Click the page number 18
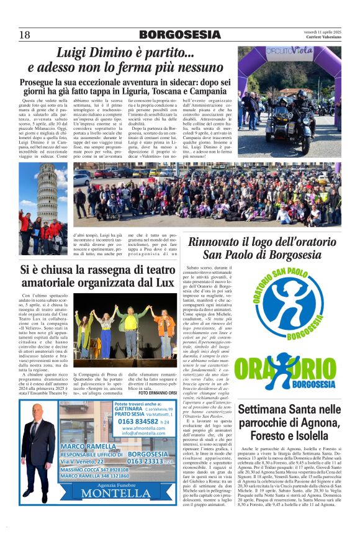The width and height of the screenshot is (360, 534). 24,34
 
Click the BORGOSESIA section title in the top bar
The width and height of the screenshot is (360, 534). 180,34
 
